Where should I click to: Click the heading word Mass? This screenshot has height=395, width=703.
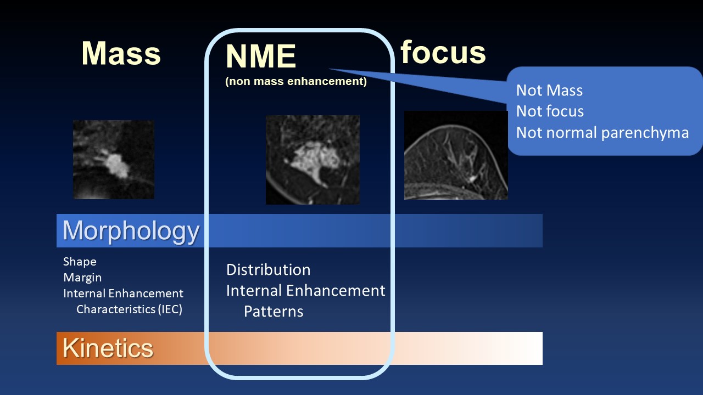point(121,53)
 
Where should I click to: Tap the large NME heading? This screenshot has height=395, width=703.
point(261,56)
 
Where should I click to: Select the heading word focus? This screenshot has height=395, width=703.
point(443,52)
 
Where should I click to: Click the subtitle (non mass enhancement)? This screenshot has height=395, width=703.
point(296,81)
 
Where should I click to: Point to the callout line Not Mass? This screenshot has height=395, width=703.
point(549,91)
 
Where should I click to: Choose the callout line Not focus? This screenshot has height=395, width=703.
point(550,111)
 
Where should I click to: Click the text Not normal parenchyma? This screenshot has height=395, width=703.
point(602,132)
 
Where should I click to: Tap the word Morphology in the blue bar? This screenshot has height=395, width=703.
point(131,232)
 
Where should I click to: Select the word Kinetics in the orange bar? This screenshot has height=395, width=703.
point(108,348)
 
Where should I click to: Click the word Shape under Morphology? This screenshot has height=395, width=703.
point(80,262)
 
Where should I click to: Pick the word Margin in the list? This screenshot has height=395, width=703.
point(82,278)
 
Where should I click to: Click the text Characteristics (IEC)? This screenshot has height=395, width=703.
point(129,309)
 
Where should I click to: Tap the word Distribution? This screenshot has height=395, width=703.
point(269,269)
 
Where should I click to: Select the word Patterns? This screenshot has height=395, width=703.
point(274,311)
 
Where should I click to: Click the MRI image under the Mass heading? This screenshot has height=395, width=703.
point(114,160)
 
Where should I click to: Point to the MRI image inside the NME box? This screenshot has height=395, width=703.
point(313,160)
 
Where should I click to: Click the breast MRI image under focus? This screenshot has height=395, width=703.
point(456,155)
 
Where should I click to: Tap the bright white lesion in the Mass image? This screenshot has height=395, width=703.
point(116,165)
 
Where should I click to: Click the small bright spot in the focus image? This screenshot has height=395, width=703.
point(471,179)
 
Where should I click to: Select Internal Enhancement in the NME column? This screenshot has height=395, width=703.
point(306,291)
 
